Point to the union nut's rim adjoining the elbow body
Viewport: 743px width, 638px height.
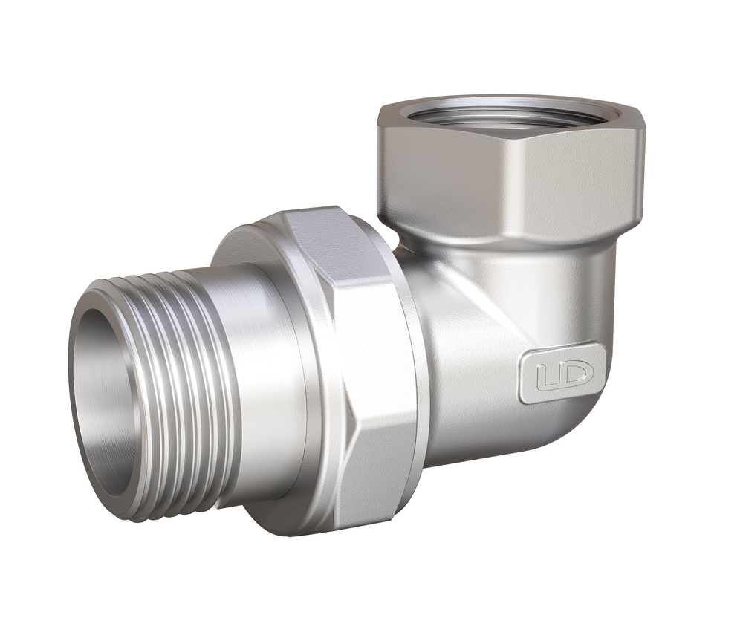pos(416,371)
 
